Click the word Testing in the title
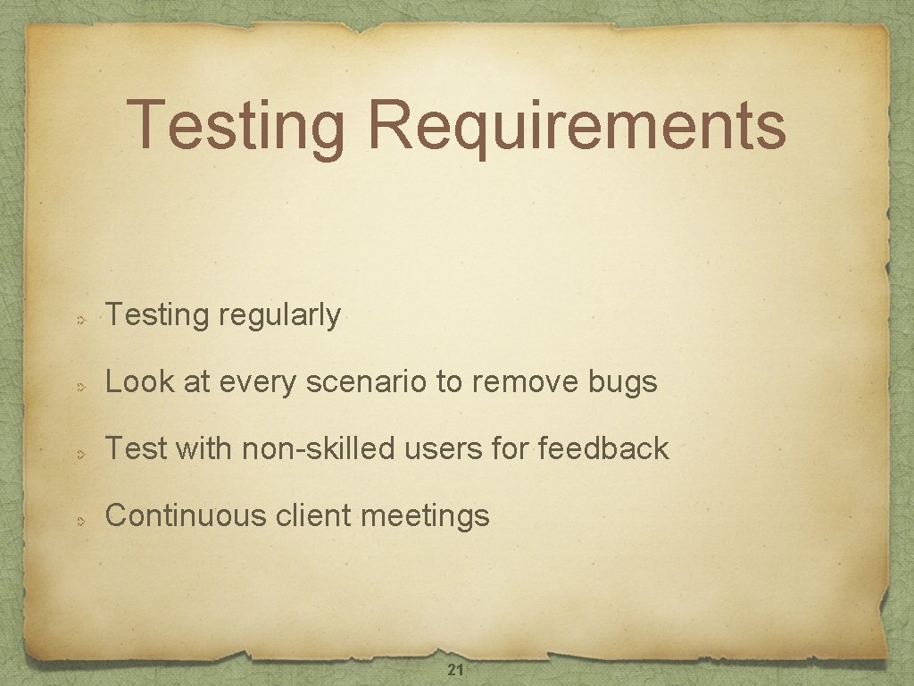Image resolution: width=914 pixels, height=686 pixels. (x=237, y=126)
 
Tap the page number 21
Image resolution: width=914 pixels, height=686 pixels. (x=454, y=671)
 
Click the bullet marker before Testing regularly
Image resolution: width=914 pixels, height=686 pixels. (x=79, y=317)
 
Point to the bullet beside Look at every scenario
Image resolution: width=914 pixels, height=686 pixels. (x=79, y=384)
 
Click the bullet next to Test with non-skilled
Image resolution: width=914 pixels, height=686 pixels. (x=79, y=450)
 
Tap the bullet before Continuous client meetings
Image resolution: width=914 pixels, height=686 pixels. (x=79, y=517)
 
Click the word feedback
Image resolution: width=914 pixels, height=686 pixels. (x=603, y=448)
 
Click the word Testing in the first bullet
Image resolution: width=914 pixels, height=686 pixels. (x=156, y=315)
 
